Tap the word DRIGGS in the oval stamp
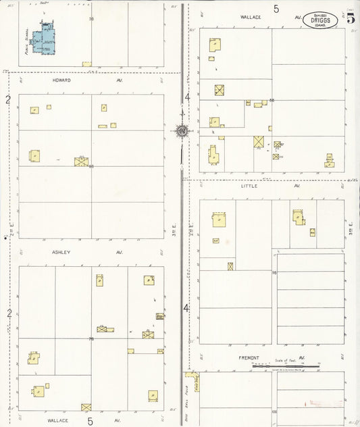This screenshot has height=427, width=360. click(x=321, y=20)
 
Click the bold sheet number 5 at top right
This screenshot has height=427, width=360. click(x=351, y=18)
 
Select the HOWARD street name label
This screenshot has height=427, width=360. click(x=61, y=80)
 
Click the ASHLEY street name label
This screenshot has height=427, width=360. click(x=61, y=252)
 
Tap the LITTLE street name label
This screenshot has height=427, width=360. click(x=249, y=186)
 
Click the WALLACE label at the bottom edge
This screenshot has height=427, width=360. click(x=57, y=420)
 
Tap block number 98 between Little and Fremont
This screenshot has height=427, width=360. click(x=274, y=272)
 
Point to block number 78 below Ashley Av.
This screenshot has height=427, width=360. click(x=91, y=338)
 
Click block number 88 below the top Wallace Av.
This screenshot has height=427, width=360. click(x=272, y=101)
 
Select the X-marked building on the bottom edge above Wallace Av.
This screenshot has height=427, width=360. click(x=86, y=407)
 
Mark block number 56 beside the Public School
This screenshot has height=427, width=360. click(x=91, y=19)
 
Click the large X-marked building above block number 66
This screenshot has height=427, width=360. click(x=81, y=161)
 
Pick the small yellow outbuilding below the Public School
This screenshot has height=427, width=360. click(x=86, y=64)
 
